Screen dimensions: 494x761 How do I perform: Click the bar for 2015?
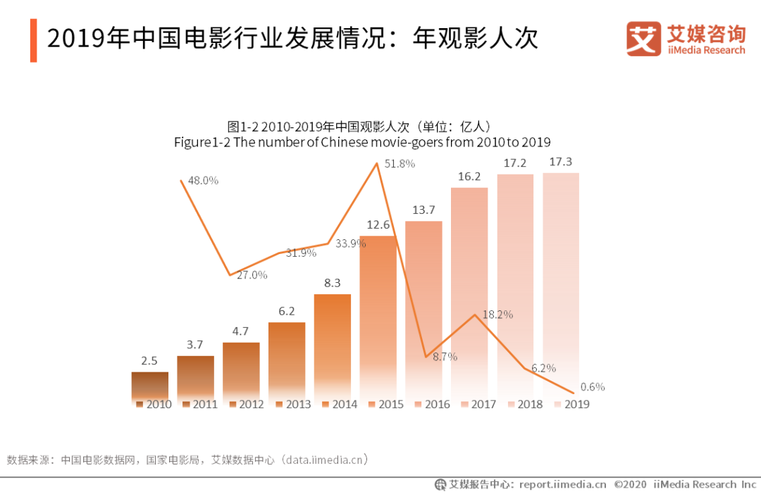tap(378, 317)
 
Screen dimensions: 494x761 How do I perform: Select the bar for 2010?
tap(150, 386)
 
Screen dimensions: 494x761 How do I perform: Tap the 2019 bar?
tap(561, 281)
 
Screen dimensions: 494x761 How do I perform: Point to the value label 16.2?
tap(469, 177)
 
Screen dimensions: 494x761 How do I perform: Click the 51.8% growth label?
tap(400, 164)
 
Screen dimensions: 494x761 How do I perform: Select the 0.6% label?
tap(592, 386)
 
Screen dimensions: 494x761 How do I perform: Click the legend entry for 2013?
tap(293, 405)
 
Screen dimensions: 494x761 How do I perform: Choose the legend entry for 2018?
tap(524, 405)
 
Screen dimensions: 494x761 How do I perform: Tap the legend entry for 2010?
tap(154, 405)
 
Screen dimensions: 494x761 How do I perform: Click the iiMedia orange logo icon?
tap(643, 39)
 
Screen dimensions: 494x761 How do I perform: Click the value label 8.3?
tap(333, 284)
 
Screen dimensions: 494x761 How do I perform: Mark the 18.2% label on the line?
tap(497, 315)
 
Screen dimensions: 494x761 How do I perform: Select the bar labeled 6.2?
tap(287, 359)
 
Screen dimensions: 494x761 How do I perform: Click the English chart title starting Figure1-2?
tap(361, 142)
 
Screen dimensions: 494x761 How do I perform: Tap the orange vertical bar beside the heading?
tap(33, 41)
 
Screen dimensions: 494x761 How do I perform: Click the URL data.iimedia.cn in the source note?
tap(324, 460)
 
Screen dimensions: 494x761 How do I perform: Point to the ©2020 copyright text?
tap(631, 484)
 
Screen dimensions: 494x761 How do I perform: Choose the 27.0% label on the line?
tap(252, 275)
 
